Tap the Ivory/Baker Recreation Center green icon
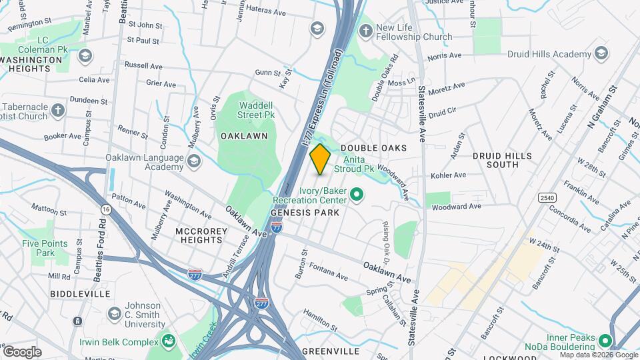(357, 195)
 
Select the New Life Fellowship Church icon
(365, 31)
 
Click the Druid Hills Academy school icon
(601, 53)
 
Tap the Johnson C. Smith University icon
(114, 313)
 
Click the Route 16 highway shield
(105, 209)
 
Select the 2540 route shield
(547, 197)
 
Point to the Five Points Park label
(45, 248)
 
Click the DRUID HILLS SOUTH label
(502, 160)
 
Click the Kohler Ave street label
(450, 175)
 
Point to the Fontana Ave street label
(333, 275)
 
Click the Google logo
(22, 351)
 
